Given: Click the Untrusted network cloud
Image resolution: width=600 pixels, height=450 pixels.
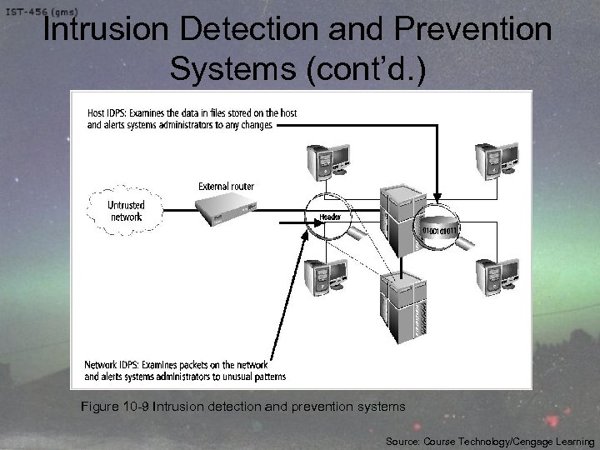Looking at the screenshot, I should click(125, 211).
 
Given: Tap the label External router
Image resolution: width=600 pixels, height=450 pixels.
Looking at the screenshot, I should click(226, 186).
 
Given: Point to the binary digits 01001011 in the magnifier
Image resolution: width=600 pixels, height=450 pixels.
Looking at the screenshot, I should click(441, 226).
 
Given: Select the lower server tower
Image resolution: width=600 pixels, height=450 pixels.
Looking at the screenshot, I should click(404, 304).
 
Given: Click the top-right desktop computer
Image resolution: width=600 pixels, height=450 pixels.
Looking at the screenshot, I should click(492, 159).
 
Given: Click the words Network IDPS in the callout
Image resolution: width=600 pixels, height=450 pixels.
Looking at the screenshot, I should click(115, 363).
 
